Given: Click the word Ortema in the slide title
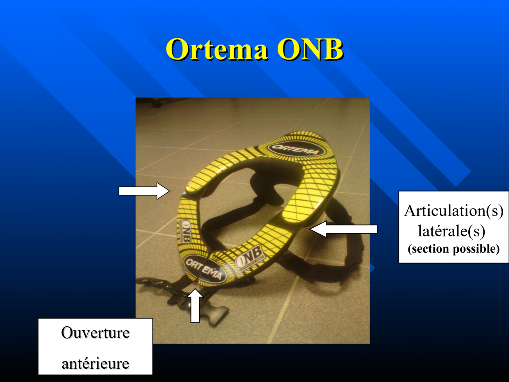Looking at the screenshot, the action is (217, 49).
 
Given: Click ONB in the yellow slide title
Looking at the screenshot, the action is (310, 49).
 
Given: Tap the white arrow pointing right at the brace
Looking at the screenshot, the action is (144, 191).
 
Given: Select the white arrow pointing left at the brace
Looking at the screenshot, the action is (343, 229).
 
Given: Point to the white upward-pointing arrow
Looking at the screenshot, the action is (195, 306).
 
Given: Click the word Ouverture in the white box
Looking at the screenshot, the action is (95, 333).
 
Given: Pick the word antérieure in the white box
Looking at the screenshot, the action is (95, 364).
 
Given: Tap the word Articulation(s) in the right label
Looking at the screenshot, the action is (453, 211).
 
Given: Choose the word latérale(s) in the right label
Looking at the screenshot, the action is (451, 231).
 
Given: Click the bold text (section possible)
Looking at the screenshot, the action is (453, 249).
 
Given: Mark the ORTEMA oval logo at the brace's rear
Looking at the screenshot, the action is (296, 150).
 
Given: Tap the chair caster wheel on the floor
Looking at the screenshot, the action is (157, 103).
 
